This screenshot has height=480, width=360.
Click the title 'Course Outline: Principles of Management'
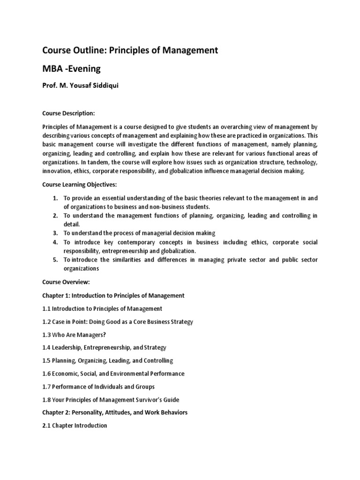click(130, 50)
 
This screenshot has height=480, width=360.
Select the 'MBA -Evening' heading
click(71, 69)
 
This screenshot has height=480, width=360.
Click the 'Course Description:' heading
click(68, 113)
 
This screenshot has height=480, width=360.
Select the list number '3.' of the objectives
click(55, 233)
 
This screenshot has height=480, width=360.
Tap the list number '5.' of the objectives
click(55, 260)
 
